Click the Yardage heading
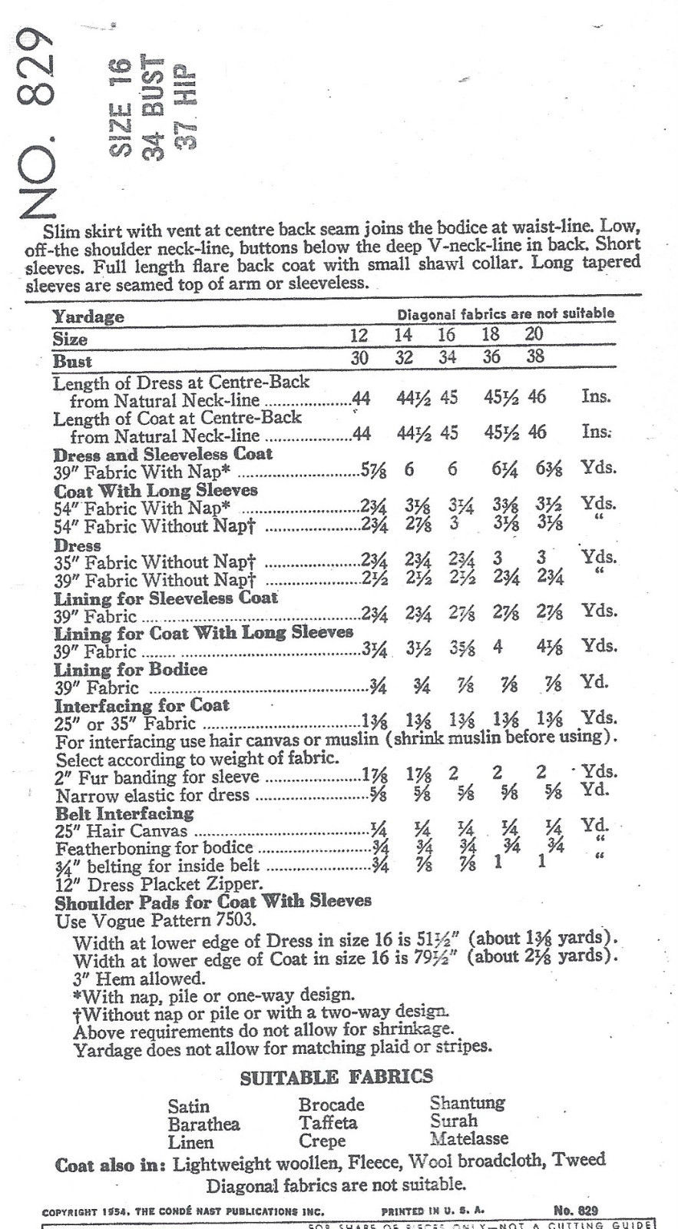click(88, 316)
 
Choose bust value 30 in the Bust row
click(359, 359)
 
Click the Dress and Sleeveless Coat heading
click(163, 453)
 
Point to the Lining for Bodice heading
click(131, 669)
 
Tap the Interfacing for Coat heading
click(141, 705)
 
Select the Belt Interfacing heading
click(124, 813)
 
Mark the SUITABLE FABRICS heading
click(336, 1078)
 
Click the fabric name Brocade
click(331, 1105)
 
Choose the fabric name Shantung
click(467, 1103)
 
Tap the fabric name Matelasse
click(469, 1139)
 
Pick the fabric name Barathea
click(203, 1124)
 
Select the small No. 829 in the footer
click(575, 1211)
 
